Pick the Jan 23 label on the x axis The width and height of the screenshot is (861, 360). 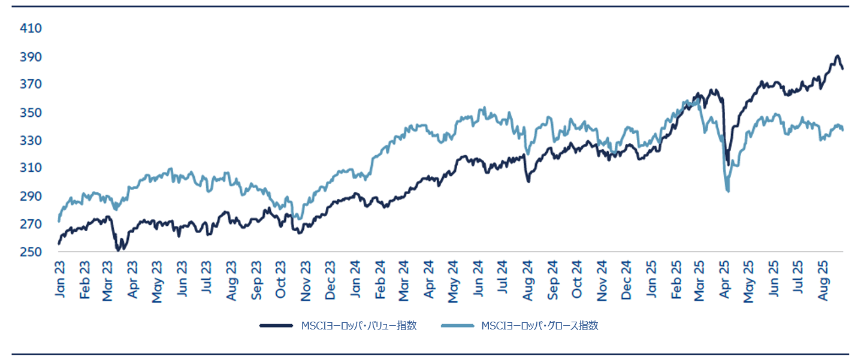[x=61, y=280]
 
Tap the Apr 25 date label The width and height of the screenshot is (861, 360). [x=725, y=280]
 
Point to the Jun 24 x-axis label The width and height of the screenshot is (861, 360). [x=478, y=280]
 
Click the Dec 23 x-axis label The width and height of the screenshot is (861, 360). [x=331, y=280]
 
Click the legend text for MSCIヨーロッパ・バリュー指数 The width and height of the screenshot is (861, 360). [x=359, y=326]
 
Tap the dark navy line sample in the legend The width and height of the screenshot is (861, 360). [x=276, y=326]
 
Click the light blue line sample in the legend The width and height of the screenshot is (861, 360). [x=457, y=326]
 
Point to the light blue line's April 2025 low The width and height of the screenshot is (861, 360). [x=727, y=191]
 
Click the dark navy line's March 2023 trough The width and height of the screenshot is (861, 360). [x=118, y=250]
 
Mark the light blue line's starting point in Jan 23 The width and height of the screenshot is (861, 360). [x=59, y=221]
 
